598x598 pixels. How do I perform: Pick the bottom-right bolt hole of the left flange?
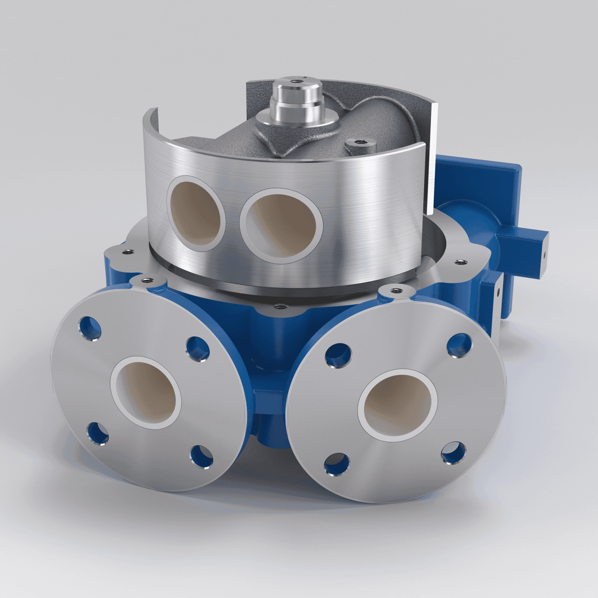pos(202,457)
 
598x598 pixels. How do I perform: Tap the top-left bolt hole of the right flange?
pos(338,355)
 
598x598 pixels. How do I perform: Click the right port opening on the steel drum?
pos(281,226)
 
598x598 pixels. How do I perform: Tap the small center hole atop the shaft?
pos(294,82)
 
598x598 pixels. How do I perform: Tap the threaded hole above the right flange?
pos(396,291)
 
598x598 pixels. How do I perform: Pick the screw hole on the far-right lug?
pos(458,262)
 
